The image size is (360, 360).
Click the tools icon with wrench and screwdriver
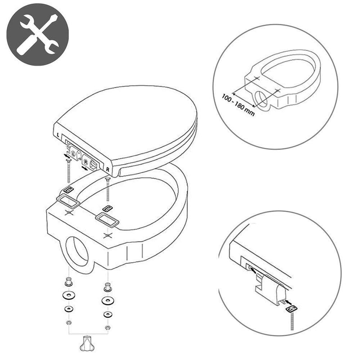(37, 35)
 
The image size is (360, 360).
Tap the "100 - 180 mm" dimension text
(238, 105)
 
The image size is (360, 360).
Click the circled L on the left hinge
(74, 153)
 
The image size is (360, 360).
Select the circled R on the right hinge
(85, 162)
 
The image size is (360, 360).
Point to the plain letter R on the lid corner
(108, 170)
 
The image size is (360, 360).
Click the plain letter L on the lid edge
(58, 135)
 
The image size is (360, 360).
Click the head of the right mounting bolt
(107, 179)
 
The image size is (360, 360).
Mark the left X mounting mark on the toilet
(69, 213)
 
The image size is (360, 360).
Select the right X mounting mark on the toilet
(107, 235)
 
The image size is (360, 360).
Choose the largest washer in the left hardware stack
(69, 295)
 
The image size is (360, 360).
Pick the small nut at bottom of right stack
(107, 327)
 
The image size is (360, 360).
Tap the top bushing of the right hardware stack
(108, 287)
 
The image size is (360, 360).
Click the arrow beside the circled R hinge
(85, 168)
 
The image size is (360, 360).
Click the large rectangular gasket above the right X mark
(107, 219)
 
